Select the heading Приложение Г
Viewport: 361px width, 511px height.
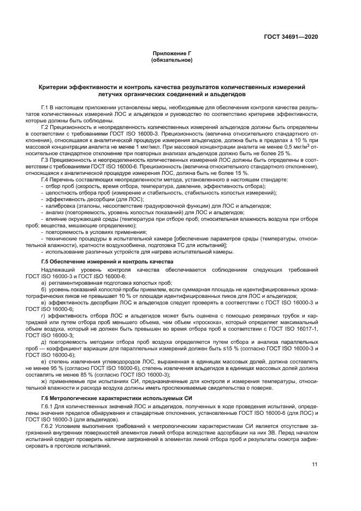(171, 53)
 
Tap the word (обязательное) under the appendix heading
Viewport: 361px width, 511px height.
(171, 59)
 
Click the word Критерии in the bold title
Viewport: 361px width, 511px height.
(53, 87)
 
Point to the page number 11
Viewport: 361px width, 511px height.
(315, 464)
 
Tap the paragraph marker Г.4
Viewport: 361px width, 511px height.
(46, 179)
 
